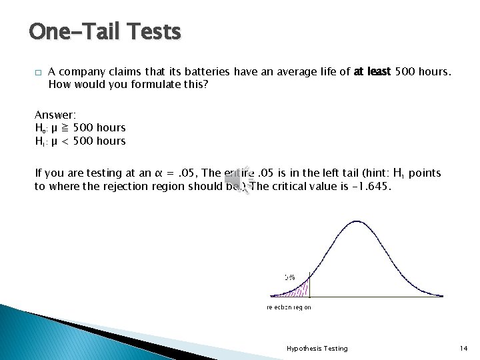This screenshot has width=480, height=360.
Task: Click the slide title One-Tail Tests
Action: click(x=105, y=31)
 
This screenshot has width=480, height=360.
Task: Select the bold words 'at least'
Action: click(x=373, y=72)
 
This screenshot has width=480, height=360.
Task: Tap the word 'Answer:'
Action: click(x=55, y=115)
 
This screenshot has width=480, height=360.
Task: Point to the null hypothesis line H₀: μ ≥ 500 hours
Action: click(x=80, y=127)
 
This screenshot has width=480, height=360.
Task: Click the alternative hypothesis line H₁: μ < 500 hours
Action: click(x=80, y=141)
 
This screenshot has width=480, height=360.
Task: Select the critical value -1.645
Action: click(x=374, y=186)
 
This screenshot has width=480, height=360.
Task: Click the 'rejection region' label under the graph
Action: click(x=289, y=307)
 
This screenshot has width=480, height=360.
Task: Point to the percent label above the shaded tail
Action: click(x=289, y=277)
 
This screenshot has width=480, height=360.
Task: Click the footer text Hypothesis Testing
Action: click(x=317, y=348)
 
